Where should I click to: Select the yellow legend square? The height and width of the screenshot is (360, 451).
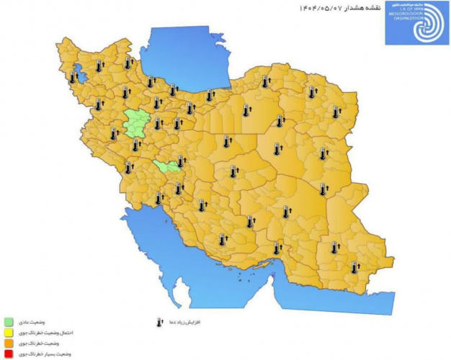point(9,333)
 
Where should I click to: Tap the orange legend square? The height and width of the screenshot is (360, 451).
point(9,343)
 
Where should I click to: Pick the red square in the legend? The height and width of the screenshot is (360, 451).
point(9,354)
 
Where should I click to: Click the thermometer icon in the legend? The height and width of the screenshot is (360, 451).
point(160,322)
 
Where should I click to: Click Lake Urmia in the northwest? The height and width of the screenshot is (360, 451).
point(76,73)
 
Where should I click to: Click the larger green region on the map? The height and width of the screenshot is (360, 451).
point(135,123)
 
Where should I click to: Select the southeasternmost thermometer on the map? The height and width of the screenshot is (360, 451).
point(354,267)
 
